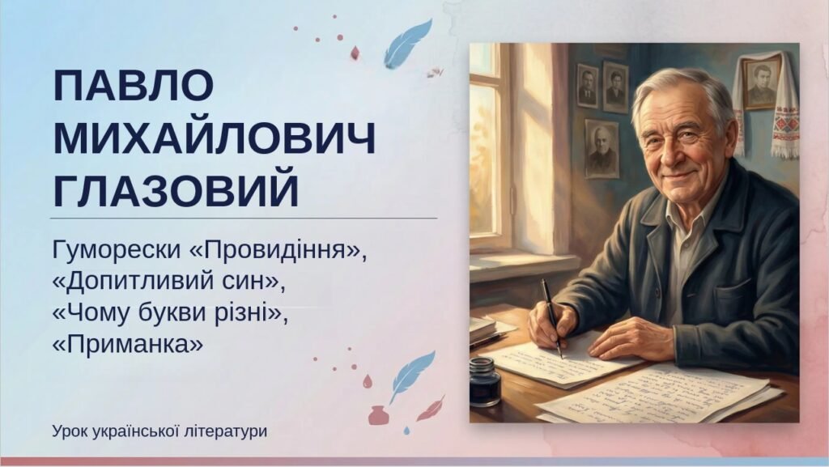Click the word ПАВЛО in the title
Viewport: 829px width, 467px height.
(133, 86)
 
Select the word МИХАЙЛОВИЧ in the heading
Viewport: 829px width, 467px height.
(214, 140)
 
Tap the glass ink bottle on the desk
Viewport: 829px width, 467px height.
(485, 381)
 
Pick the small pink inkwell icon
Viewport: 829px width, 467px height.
(377, 414)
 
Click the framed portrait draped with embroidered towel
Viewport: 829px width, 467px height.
(762, 84)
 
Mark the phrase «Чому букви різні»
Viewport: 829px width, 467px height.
(170, 312)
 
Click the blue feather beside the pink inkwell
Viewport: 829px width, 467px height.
(410, 374)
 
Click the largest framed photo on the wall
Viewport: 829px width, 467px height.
(602, 149)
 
